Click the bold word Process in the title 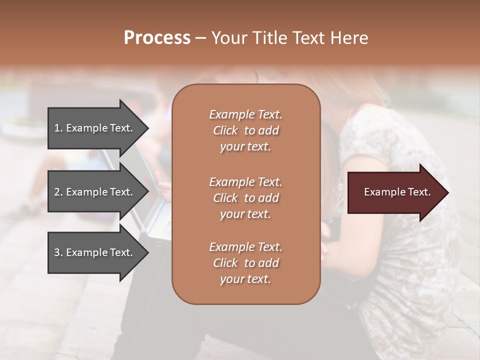tap(157, 38)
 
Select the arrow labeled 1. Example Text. tap(95, 128)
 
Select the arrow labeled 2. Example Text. tap(95, 192)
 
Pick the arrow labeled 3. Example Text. tap(95, 252)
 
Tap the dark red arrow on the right tap(395, 192)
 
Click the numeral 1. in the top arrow tap(58, 128)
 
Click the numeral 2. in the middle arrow tap(58, 192)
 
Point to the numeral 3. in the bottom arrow tap(58, 252)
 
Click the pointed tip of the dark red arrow tap(446, 192)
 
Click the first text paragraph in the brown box tap(245, 130)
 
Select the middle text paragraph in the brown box tap(245, 198)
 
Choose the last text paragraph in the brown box tap(245, 263)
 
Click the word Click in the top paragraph tap(225, 131)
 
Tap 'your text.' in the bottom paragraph tap(245, 279)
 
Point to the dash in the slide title tap(200, 38)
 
